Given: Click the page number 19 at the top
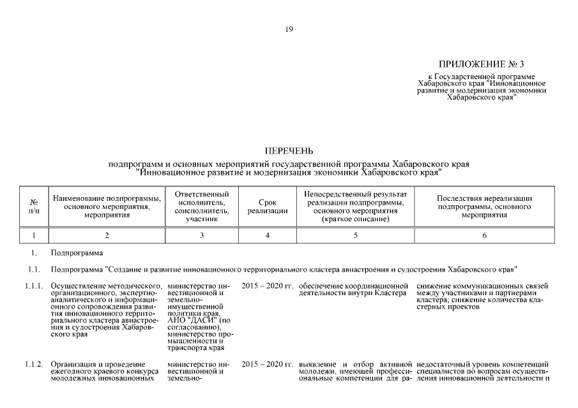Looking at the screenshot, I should (x=289, y=29).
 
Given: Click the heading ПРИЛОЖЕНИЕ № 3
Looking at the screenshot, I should (x=481, y=64).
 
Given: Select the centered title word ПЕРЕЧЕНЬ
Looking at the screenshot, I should (x=289, y=151).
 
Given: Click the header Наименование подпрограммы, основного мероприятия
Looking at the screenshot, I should (x=107, y=205).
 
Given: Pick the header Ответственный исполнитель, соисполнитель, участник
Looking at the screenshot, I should (x=202, y=205).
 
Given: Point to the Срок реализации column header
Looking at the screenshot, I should (x=268, y=205).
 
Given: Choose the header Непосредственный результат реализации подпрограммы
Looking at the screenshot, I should (x=356, y=205).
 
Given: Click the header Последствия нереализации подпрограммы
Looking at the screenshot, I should (x=484, y=206).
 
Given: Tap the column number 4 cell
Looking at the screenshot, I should (x=268, y=236).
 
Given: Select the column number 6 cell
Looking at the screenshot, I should (x=484, y=236).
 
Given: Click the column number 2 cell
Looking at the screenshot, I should (x=107, y=236).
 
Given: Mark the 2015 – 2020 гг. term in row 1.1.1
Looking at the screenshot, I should (x=267, y=286).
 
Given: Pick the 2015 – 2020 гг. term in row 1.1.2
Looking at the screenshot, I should (x=267, y=364).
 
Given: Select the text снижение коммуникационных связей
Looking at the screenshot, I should (x=482, y=286).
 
